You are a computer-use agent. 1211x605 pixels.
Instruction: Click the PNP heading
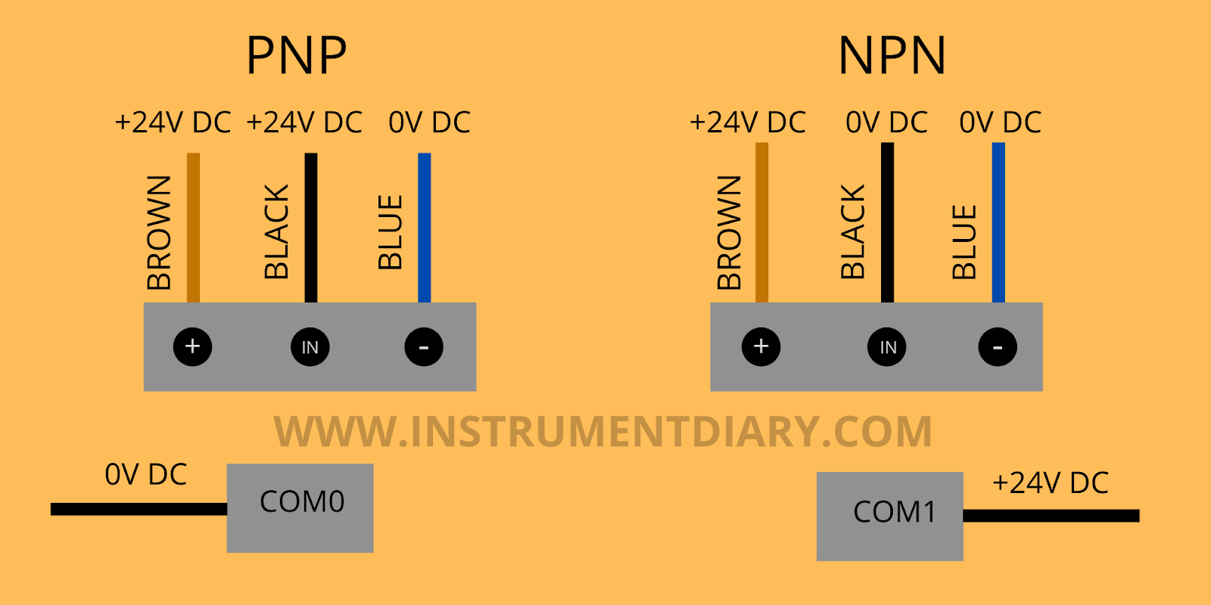tap(297, 55)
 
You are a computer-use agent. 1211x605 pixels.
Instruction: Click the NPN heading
tap(892, 55)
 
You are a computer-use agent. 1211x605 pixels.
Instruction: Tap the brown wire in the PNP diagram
tap(193, 227)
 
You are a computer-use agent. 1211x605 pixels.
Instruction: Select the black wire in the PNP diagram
tap(310, 227)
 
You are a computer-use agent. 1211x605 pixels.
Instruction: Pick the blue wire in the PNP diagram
tap(425, 227)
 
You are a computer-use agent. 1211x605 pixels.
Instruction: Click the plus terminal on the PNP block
tap(192, 347)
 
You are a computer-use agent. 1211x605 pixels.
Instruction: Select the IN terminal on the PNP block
tap(310, 347)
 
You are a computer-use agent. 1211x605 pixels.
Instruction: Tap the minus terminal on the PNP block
tap(424, 347)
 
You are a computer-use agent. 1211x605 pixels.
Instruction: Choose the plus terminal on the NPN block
tap(761, 347)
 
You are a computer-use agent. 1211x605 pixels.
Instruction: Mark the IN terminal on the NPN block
tap(887, 347)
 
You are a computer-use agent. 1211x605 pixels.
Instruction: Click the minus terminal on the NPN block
tap(998, 347)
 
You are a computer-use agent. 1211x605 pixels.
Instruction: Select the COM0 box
tap(300, 507)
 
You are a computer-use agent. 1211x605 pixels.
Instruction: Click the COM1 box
tap(890, 516)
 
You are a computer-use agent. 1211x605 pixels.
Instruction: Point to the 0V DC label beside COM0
tap(145, 475)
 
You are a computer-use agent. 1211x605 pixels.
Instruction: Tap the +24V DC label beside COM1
tap(1051, 483)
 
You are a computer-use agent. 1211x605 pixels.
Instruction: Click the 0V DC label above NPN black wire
tap(886, 123)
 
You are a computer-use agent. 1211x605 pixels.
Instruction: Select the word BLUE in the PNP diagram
tap(391, 232)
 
